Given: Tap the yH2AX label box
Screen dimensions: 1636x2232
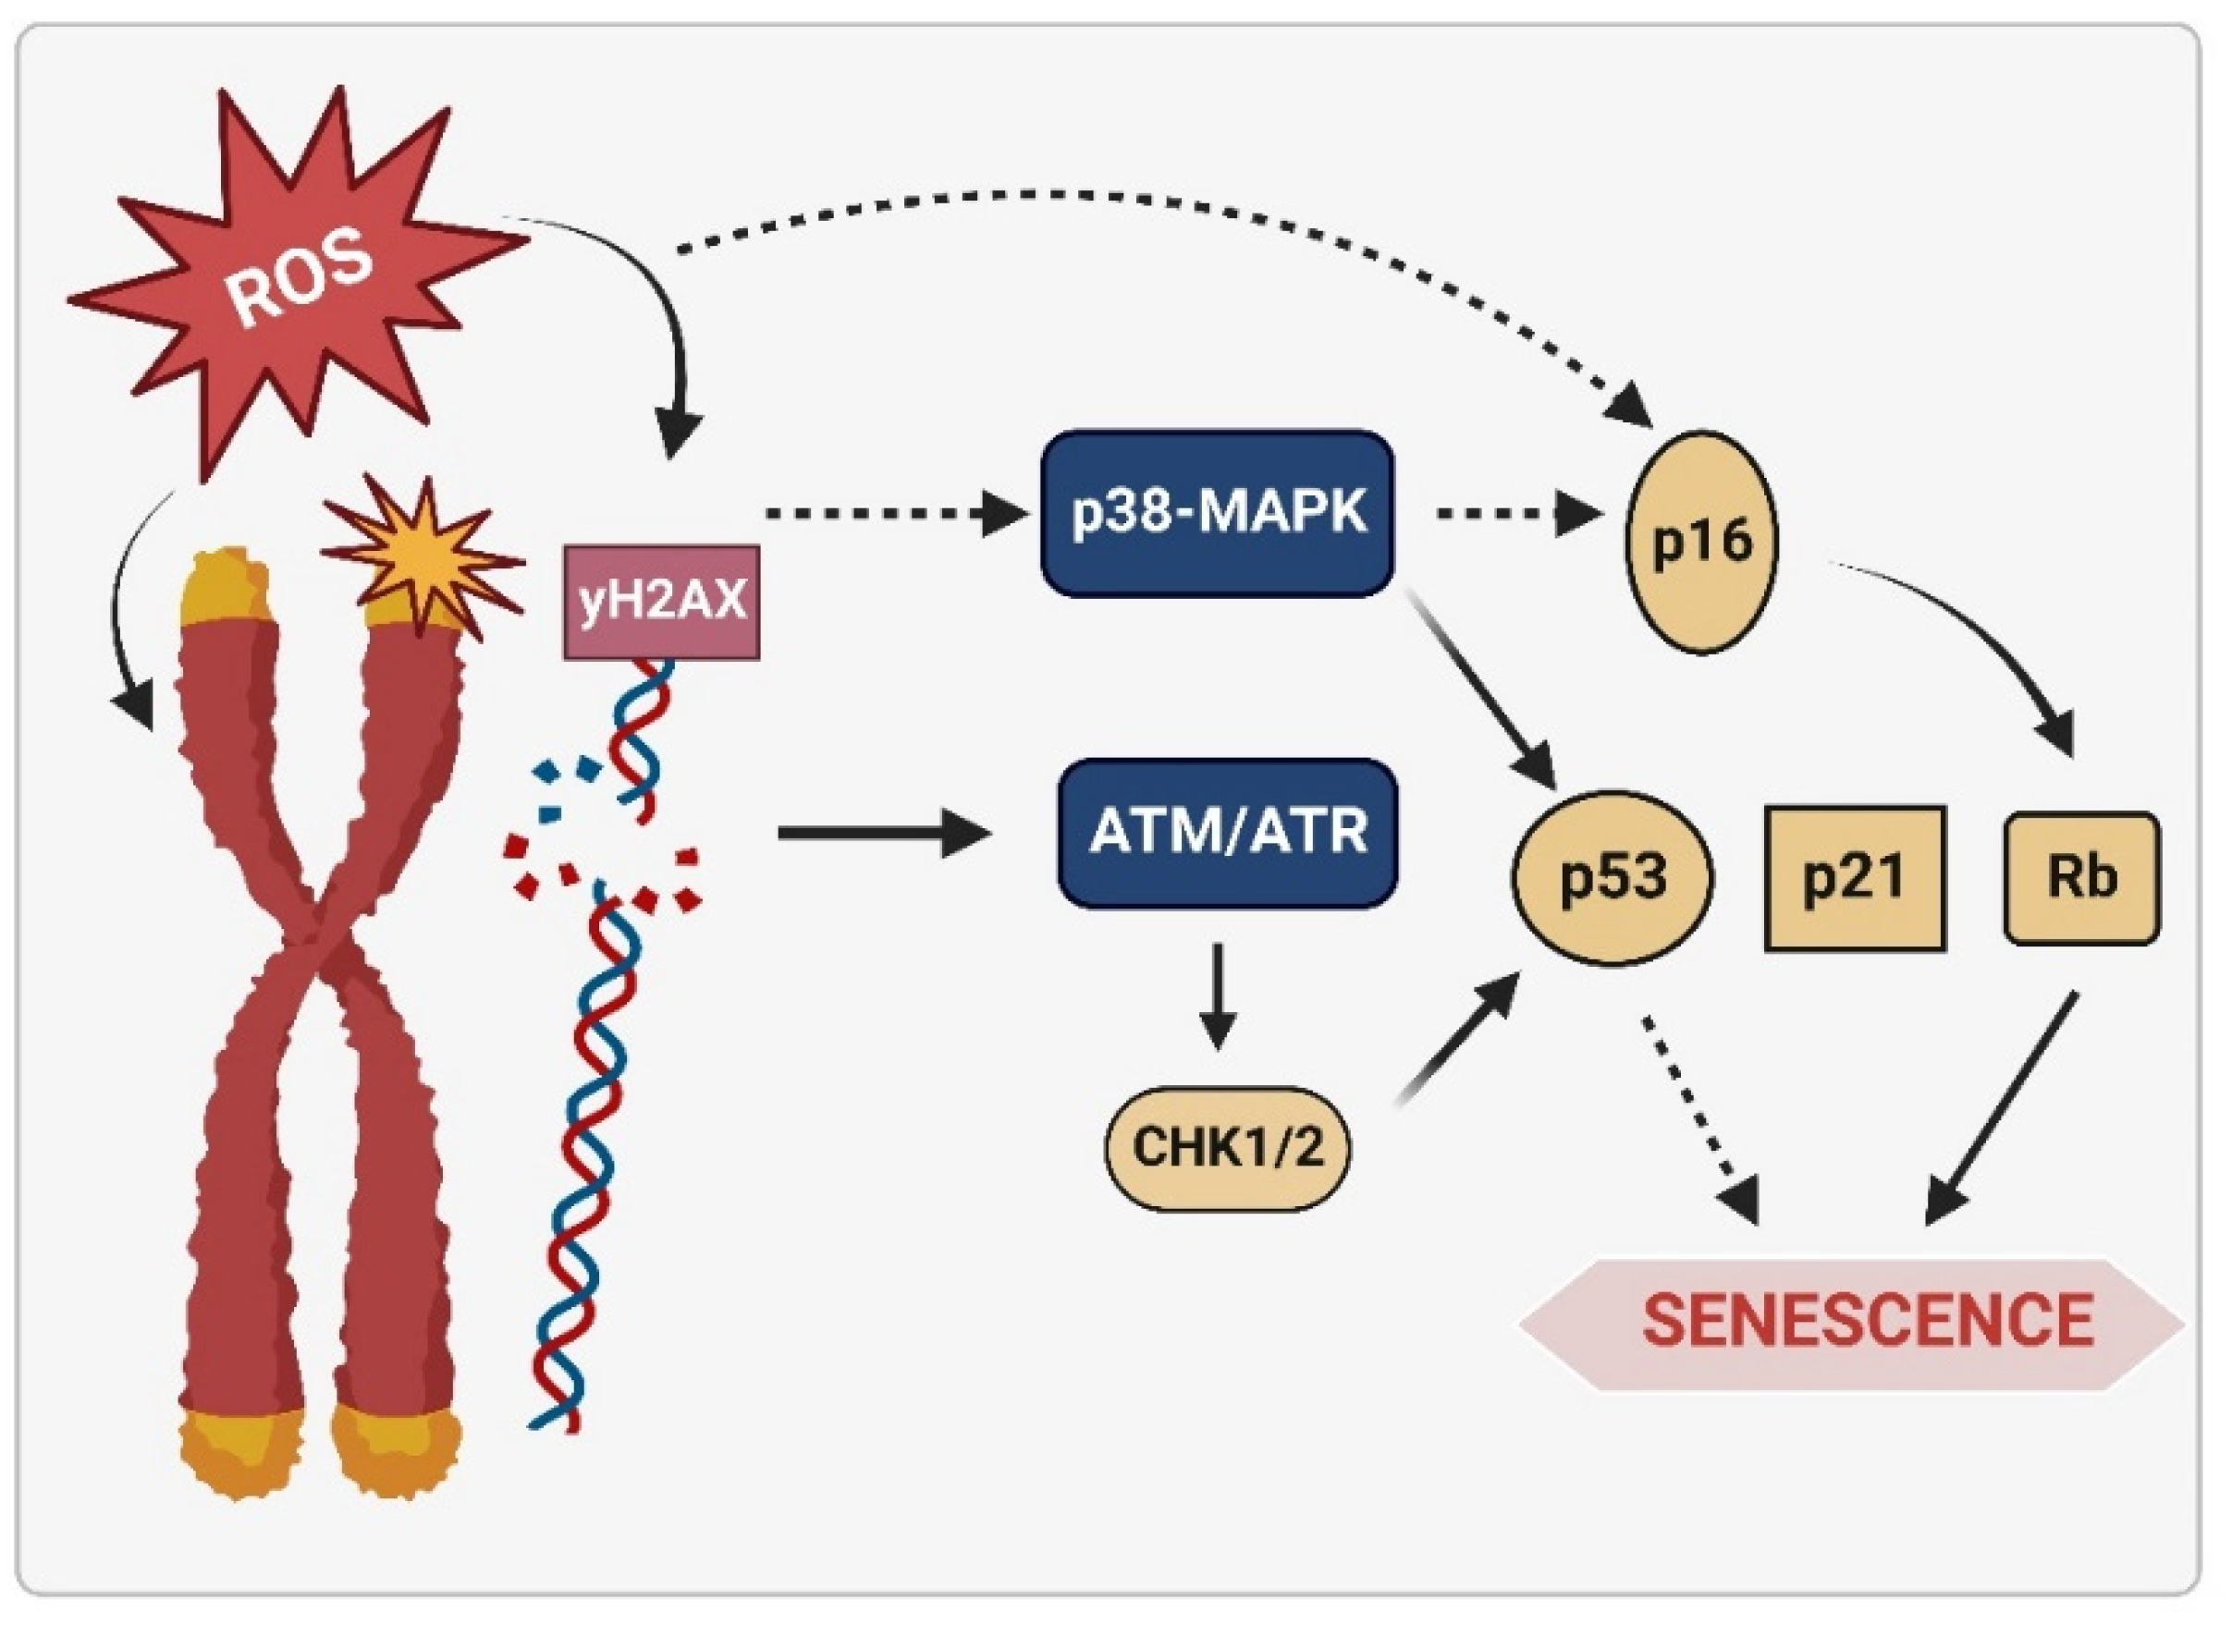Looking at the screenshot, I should [662, 601].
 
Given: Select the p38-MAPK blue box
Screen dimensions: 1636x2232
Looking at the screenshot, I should [1218, 513].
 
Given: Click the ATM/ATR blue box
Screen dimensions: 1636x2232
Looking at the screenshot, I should [1228, 832].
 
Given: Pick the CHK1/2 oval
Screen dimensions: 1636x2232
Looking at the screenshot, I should [1226, 1148].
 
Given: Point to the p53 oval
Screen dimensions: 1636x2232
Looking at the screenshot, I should [1613, 877].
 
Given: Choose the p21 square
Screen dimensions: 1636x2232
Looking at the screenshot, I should [1855, 877].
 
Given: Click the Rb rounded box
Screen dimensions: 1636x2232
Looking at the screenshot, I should [2081, 877].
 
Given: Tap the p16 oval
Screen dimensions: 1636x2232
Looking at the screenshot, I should [1702, 542].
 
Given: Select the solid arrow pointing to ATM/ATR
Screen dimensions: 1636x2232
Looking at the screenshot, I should [882, 833].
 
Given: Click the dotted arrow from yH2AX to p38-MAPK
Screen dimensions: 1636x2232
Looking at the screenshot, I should [891, 514].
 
